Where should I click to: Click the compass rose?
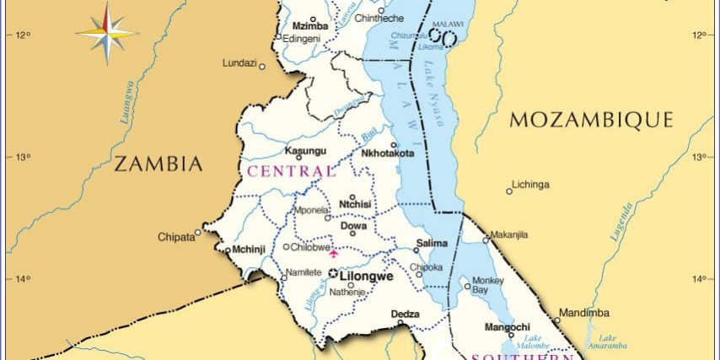(107, 33)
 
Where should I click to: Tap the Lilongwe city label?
(368, 275)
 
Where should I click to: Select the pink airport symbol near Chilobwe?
(333, 251)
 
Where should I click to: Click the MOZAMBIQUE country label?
(592, 120)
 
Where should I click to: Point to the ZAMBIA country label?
(159, 164)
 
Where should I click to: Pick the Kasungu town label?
(304, 151)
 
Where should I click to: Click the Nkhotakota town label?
(387, 153)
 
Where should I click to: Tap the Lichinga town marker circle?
(508, 192)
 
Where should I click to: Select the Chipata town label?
(176, 237)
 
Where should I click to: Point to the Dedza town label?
(405, 314)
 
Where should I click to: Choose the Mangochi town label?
(507, 326)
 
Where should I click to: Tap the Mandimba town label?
(583, 313)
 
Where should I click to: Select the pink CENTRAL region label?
(289, 171)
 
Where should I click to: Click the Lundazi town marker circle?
(262, 66)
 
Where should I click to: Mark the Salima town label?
(432, 243)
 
